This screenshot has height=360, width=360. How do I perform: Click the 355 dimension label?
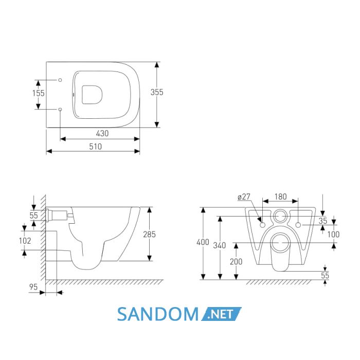tap(157, 92)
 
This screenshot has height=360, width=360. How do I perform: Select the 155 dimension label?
tap(39, 93)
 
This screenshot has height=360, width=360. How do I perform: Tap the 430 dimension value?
tap(102, 133)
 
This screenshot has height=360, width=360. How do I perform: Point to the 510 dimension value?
tap(95, 147)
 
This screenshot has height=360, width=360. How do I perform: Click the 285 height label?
tap(150, 235)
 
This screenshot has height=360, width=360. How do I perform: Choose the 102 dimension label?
tap(25, 241)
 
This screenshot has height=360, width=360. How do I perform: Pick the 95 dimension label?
tap(33, 287)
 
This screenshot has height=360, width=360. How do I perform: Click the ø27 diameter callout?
tap(244, 197)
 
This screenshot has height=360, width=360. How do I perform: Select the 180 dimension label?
tap(281, 196)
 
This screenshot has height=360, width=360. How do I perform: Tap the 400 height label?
tap(203, 242)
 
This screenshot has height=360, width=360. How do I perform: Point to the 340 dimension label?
tap(220, 245)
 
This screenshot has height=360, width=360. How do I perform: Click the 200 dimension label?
tap(236, 261)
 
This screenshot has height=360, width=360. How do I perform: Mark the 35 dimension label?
tap(323, 221)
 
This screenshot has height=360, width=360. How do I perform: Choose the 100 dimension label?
tap(333, 235)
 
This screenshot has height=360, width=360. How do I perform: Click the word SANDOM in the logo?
tap(158, 314)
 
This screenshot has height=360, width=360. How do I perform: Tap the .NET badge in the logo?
tap(221, 314)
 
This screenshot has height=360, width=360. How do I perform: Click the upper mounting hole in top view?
tap(60, 80)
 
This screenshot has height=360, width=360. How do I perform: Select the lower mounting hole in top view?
tap(60, 109)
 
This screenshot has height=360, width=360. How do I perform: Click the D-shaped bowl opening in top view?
tap(92, 95)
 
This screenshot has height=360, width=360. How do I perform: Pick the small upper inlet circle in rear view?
tap(280, 216)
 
